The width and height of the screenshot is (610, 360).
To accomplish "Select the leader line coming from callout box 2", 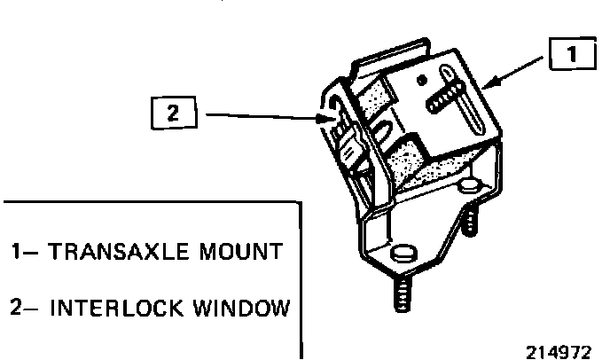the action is (257, 114).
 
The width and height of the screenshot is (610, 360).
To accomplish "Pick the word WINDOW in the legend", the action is (245, 309).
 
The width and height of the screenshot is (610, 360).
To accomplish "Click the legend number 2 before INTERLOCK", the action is (18, 309).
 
